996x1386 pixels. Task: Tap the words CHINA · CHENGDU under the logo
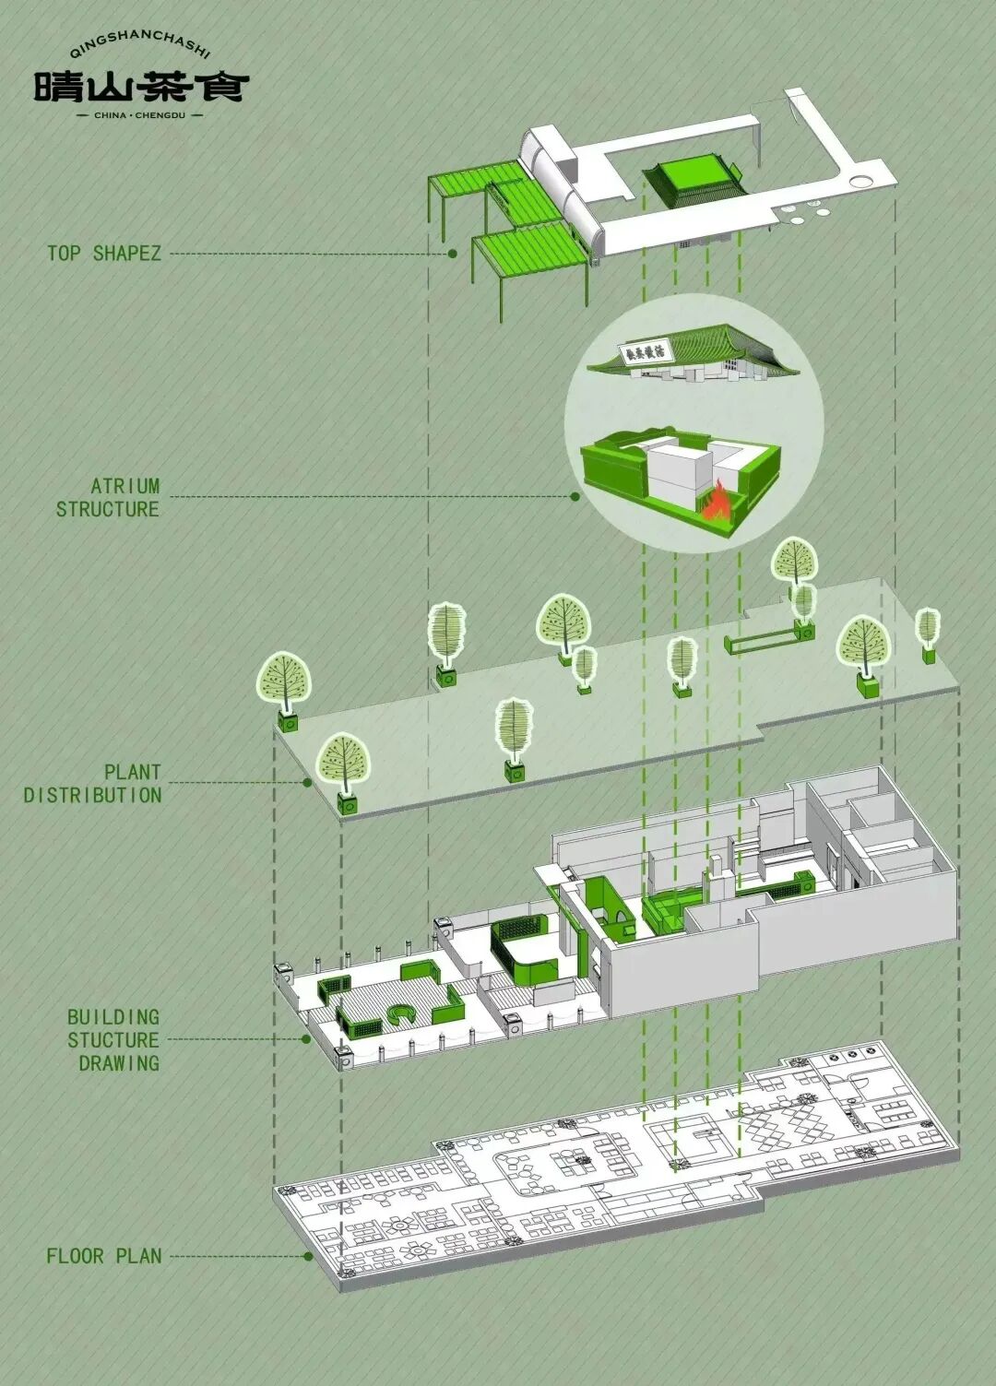click(x=141, y=115)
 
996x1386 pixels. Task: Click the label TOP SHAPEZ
click(x=104, y=253)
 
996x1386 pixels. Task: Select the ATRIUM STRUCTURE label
click(x=108, y=497)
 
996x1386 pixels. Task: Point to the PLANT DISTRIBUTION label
click(x=93, y=783)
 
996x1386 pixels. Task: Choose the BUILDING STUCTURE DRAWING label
click(x=113, y=1039)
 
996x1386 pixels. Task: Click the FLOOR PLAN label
click(x=104, y=1256)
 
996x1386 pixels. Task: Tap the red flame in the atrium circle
click(x=717, y=503)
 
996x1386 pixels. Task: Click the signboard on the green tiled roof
click(x=646, y=350)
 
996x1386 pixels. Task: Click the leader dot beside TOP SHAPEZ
click(x=453, y=253)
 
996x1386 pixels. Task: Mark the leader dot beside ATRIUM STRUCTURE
click(x=575, y=497)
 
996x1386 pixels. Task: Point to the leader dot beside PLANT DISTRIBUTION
click(x=308, y=783)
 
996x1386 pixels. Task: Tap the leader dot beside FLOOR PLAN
click(x=308, y=1256)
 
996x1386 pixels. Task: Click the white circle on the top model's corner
click(x=865, y=180)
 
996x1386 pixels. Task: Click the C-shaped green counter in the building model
click(x=402, y=1015)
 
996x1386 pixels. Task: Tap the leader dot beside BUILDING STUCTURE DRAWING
click(x=306, y=1039)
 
